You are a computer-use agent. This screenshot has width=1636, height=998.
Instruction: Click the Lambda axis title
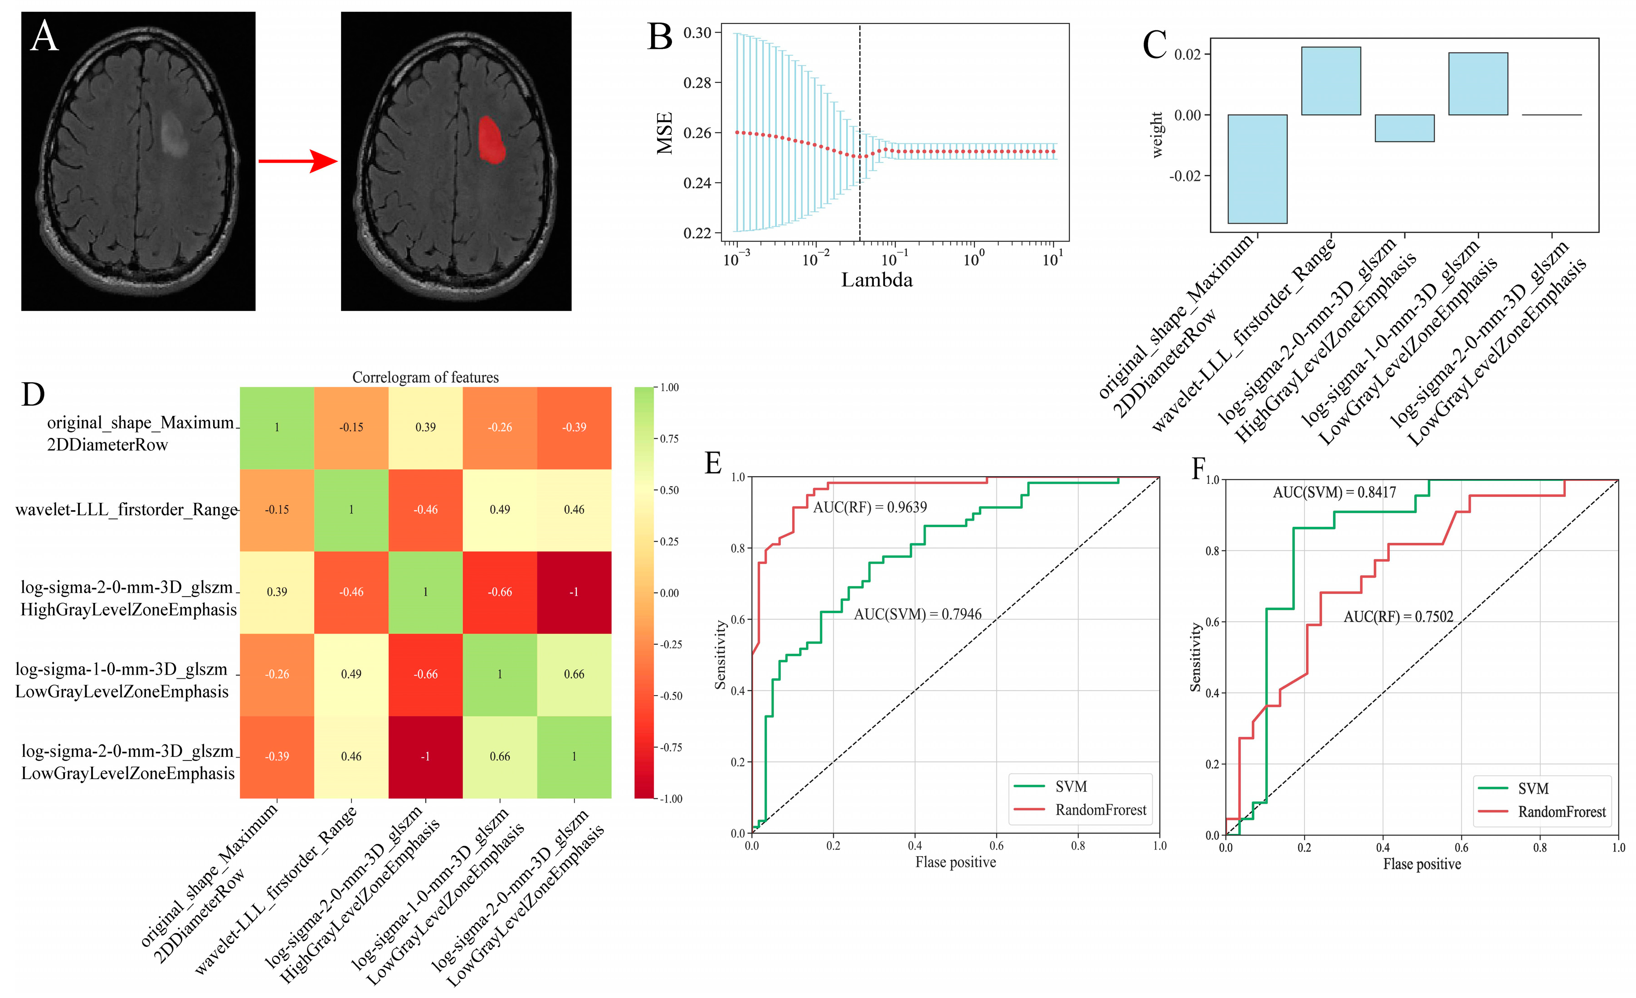[876, 280]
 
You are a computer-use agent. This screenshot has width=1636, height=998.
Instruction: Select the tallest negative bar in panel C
[1257, 169]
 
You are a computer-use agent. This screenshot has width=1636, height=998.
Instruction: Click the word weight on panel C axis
[1157, 135]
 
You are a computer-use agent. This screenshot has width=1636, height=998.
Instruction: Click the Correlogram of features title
[425, 377]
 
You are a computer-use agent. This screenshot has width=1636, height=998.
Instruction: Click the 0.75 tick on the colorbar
[669, 439]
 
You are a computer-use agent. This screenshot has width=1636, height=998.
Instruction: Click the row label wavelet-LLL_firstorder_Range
[126, 509]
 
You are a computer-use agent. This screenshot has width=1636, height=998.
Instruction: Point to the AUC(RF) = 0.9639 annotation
[870, 507]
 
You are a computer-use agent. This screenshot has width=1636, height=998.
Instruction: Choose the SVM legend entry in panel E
[1070, 787]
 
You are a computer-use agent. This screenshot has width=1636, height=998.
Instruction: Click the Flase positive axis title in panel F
[1422, 864]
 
